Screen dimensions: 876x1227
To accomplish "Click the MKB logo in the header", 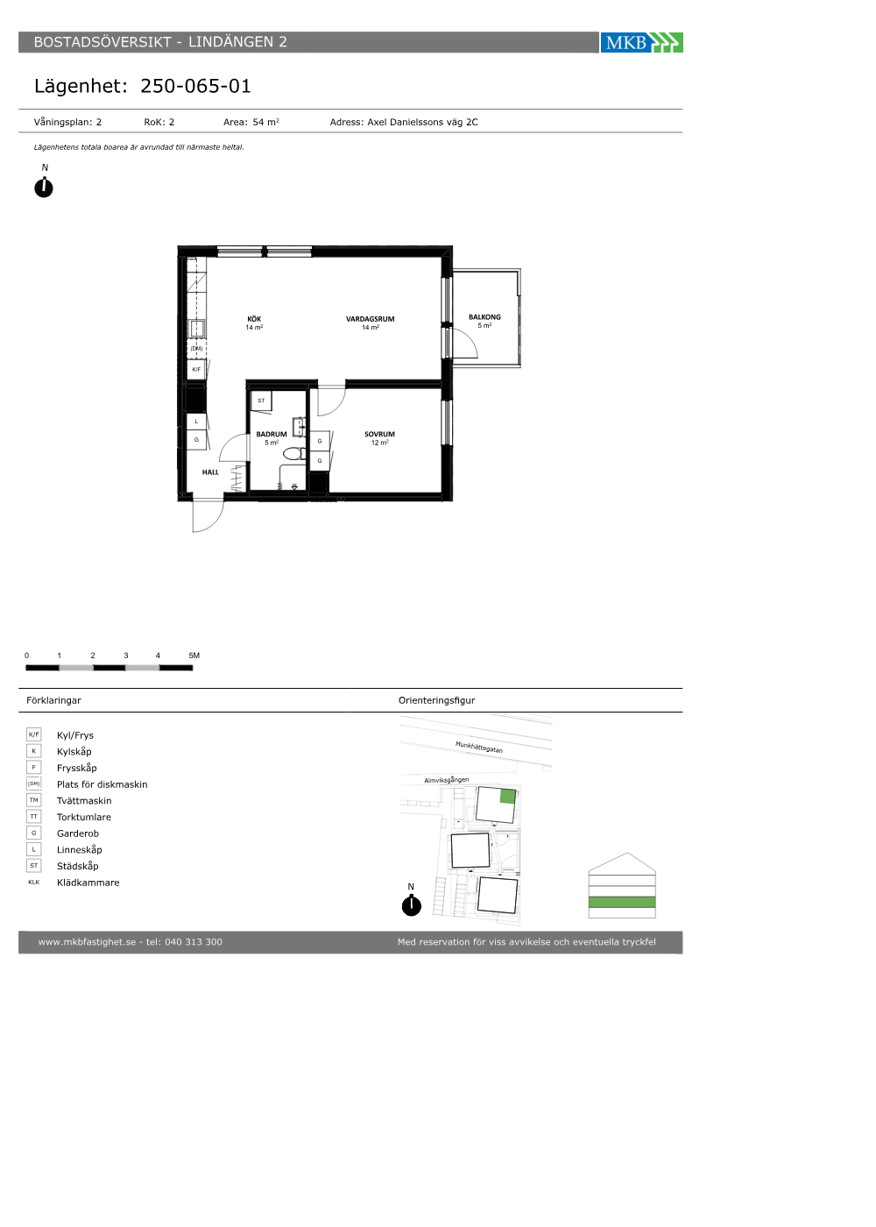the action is [x=641, y=42].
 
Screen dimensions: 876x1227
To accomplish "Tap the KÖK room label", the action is [x=254, y=319].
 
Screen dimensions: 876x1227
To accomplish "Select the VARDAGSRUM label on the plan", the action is [x=370, y=319].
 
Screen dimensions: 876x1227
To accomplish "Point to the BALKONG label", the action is [x=484, y=316].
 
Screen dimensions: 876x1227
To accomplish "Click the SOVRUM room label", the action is [x=379, y=434].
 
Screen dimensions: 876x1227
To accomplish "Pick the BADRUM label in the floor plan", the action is [x=272, y=434].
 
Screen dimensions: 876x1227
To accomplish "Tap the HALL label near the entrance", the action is [x=210, y=472].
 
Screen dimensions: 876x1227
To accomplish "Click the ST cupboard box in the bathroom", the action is [x=261, y=401].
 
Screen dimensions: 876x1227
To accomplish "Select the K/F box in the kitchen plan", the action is [x=196, y=369].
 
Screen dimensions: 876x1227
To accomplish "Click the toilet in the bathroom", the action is [x=294, y=454].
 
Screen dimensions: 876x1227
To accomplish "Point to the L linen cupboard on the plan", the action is [x=196, y=422].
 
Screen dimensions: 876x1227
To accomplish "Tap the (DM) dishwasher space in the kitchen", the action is [x=196, y=349].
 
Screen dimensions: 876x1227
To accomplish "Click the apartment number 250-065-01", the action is [x=195, y=86].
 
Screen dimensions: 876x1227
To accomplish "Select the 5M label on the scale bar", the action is [x=194, y=656].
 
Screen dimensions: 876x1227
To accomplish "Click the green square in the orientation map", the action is [x=507, y=797].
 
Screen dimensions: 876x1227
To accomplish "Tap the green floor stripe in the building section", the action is [x=622, y=902].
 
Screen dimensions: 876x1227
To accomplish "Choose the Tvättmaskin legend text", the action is [x=84, y=800].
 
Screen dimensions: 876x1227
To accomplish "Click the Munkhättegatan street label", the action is [x=479, y=747].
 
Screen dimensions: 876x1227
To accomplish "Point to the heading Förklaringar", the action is [x=53, y=700].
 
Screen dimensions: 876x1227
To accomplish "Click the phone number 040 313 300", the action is [x=194, y=941].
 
